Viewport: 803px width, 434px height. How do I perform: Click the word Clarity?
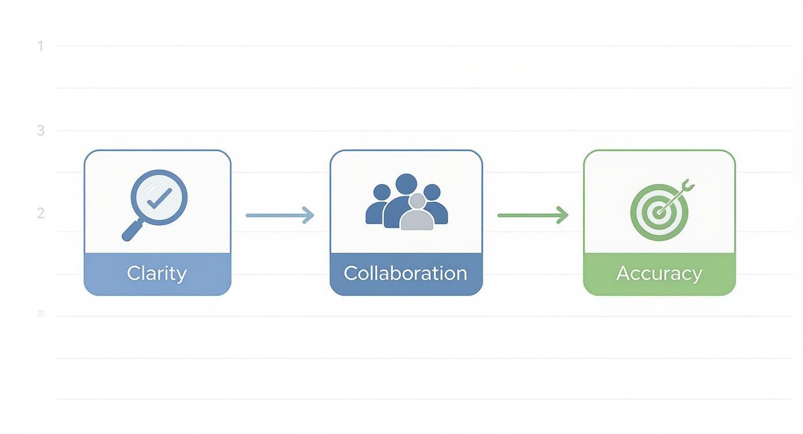[x=157, y=273]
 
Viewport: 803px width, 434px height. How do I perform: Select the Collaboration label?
[x=406, y=273]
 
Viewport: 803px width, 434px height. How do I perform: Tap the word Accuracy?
[x=659, y=273]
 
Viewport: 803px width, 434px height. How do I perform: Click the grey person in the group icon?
[x=416, y=215]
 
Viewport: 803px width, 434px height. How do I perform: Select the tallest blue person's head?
[x=407, y=184]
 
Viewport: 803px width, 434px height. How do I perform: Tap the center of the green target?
[x=658, y=212]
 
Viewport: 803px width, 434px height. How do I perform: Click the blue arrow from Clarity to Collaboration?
[x=280, y=215]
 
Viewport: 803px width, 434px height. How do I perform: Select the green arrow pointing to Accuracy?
[x=532, y=215]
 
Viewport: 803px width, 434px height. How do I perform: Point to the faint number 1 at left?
[x=40, y=46]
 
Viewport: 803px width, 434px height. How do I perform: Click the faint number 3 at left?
[x=40, y=130]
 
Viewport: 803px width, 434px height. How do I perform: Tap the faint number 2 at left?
[x=40, y=213]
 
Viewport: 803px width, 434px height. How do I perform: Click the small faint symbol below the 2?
[x=40, y=313]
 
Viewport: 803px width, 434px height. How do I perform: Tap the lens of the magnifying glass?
[x=159, y=196]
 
